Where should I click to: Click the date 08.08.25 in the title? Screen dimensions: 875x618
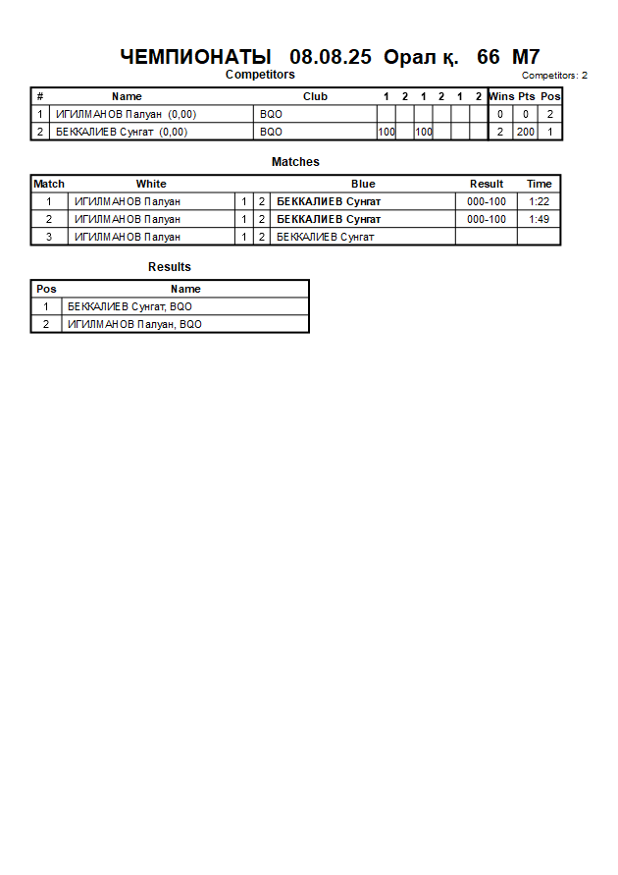(331, 57)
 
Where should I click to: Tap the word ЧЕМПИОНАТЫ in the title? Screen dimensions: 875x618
(195, 57)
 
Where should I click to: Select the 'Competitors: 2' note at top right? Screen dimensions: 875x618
(554, 76)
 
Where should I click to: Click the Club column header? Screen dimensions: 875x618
(315, 96)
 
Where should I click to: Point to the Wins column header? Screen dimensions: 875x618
(501, 96)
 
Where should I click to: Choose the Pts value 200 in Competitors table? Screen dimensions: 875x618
(526, 132)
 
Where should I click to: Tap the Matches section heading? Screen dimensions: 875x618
(295, 162)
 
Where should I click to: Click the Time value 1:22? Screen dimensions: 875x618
(539, 201)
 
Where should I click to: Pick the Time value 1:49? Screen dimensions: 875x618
(539, 219)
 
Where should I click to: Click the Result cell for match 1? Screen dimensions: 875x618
(487, 201)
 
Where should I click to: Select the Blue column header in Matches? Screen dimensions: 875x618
(363, 184)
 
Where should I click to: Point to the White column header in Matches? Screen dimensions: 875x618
(151, 184)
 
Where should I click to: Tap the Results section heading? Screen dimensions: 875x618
(170, 267)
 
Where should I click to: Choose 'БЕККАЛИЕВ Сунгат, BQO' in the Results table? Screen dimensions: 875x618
(123, 306)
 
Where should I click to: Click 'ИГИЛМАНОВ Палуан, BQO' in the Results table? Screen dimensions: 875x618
(134, 324)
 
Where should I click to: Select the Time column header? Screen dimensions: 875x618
(539, 184)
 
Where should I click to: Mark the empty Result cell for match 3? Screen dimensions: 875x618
(487, 237)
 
